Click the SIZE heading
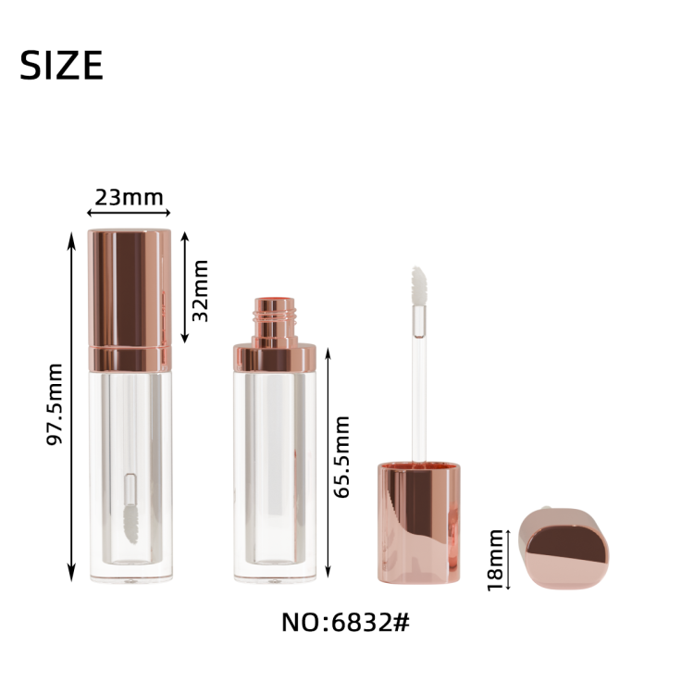61,65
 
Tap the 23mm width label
129,197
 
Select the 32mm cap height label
200,291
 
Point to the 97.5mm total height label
55,404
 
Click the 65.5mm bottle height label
341,457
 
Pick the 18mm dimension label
495,561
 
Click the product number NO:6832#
346,623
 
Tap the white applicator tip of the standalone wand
418,286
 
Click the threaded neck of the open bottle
275,316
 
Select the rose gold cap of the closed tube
130,288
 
